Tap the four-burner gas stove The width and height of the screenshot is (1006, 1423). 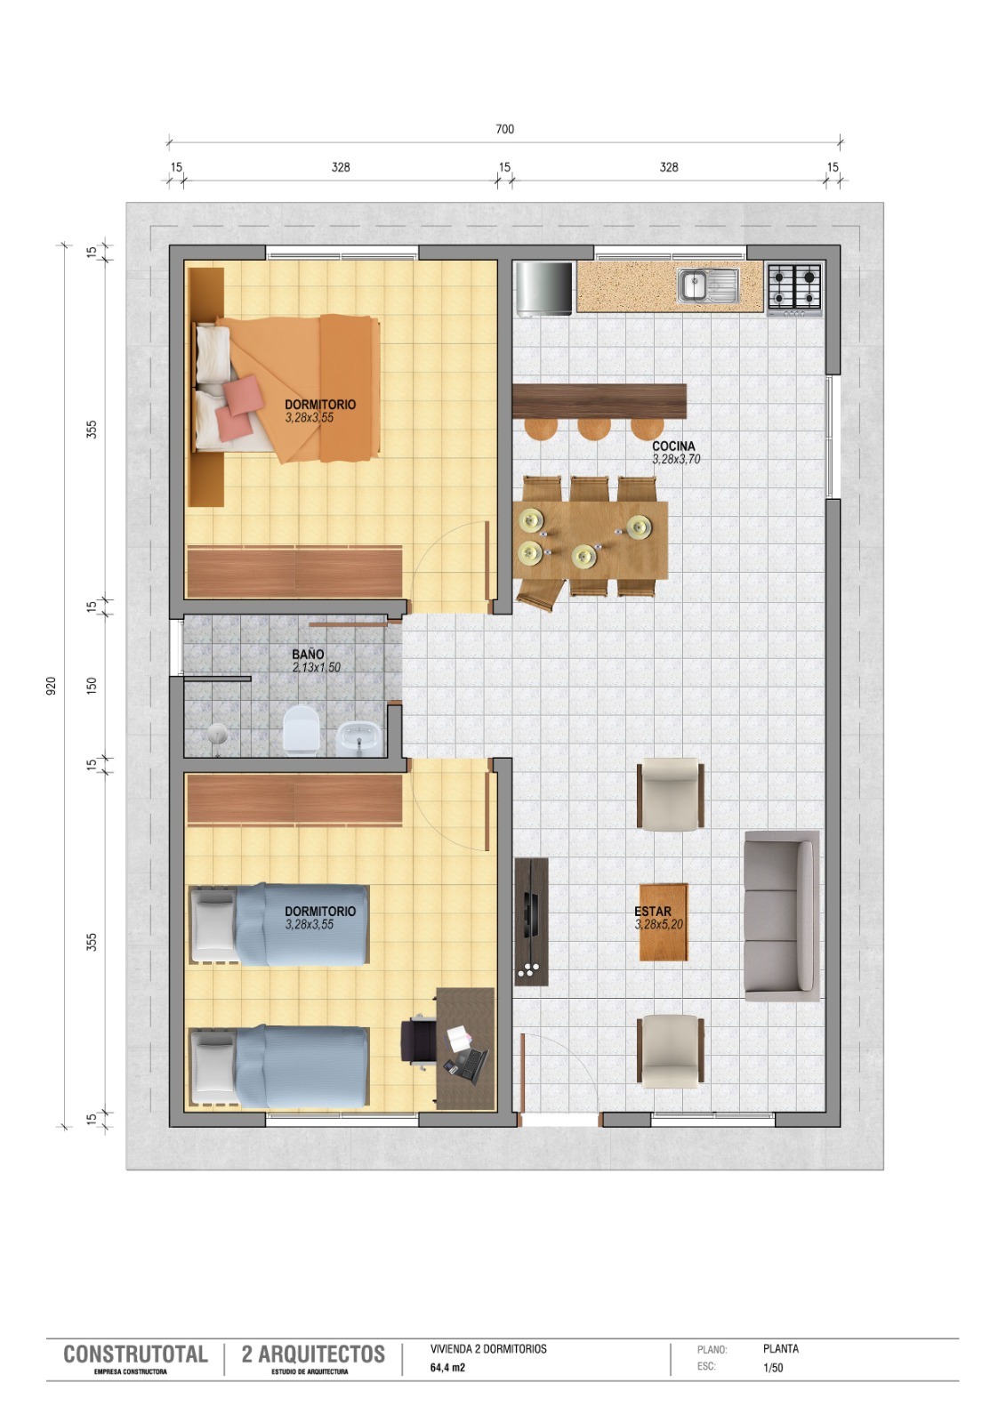[794, 290]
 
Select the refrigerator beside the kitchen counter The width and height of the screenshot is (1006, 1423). [544, 289]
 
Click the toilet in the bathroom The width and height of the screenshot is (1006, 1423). [301, 730]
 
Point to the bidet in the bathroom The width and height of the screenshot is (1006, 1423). [359, 739]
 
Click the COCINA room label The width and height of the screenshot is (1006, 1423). [673, 446]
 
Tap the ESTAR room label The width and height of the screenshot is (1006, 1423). [653, 912]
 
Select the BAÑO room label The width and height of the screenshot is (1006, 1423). [309, 654]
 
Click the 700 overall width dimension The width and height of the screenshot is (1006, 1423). [504, 129]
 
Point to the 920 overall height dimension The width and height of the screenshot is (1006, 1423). [52, 686]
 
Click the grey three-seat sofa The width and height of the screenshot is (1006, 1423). [782, 916]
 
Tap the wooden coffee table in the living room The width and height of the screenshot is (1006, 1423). [664, 921]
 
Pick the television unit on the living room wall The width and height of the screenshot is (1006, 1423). [531, 921]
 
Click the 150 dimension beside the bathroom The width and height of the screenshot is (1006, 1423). [93, 686]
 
